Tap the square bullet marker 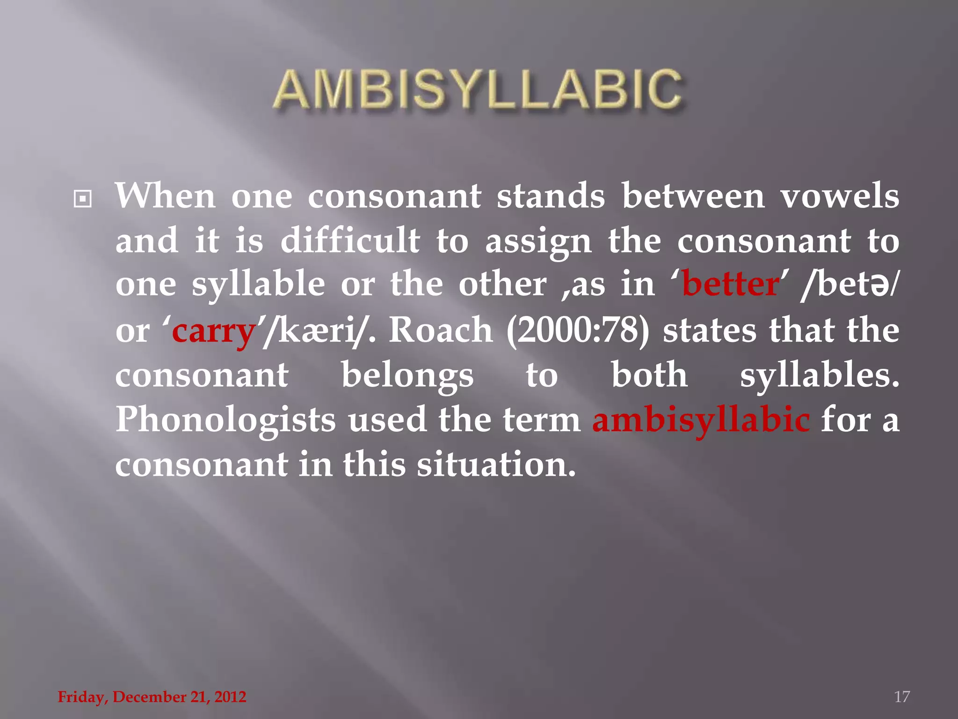coord(83,199)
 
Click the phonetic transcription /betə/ coord(849,285)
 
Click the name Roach coord(441,330)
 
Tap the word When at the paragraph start coord(165,196)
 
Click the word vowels coord(840,196)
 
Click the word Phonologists coord(225,419)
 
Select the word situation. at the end coord(496,464)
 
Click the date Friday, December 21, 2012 coord(152,697)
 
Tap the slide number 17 coord(902,697)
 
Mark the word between coord(693,196)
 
